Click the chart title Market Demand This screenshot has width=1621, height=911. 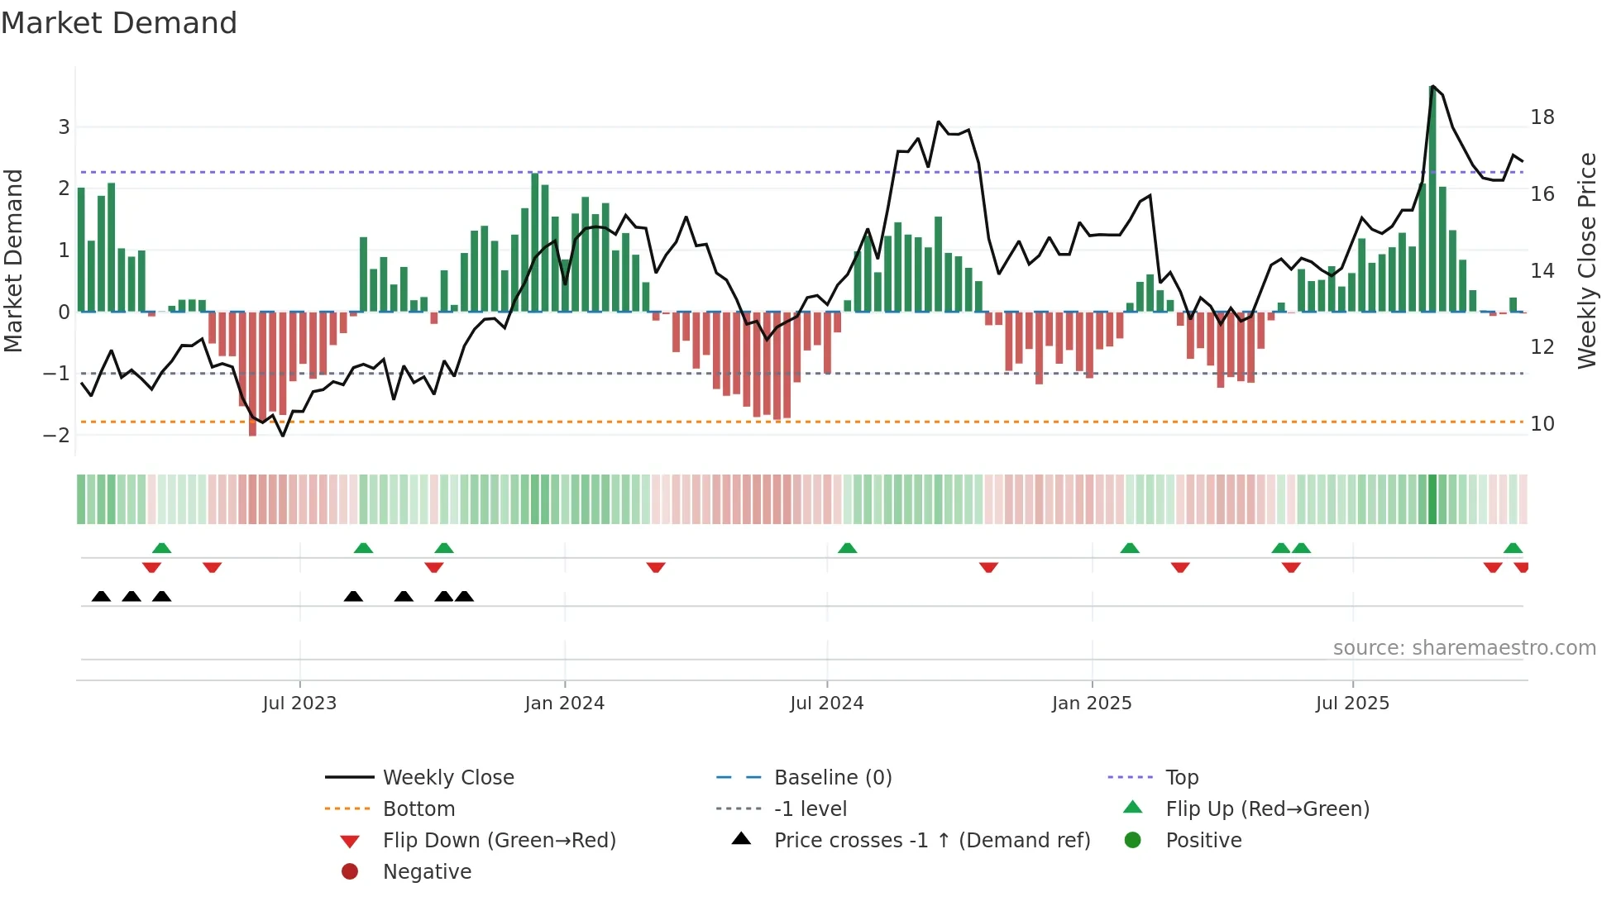click(119, 23)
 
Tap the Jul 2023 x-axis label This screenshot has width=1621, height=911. click(299, 704)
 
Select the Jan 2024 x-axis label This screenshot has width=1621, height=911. click(564, 704)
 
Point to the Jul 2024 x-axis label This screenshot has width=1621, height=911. click(826, 704)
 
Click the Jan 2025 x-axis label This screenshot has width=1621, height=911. click(1092, 704)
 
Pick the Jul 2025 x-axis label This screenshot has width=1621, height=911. click(1352, 704)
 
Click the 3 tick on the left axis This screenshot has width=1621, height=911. click(64, 127)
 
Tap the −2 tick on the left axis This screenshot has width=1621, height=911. click(57, 436)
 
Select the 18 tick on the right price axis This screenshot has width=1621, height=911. click(1542, 117)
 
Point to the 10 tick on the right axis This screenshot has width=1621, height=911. click(1542, 424)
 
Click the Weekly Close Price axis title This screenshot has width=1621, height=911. click(1587, 260)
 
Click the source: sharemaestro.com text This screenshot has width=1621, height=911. click(1464, 648)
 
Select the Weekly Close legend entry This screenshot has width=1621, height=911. click(447, 778)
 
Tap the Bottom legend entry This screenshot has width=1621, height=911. click(418, 809)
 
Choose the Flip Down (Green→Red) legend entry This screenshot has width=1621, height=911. click(499, 841)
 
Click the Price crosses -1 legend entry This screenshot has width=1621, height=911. click(931, 841)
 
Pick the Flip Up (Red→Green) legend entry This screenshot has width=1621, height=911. click(1267, 809)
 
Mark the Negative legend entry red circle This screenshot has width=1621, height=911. click(350, 872)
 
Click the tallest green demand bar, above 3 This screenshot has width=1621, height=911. click(1432, 198)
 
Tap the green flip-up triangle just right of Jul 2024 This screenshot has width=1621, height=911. click(847, 548)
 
